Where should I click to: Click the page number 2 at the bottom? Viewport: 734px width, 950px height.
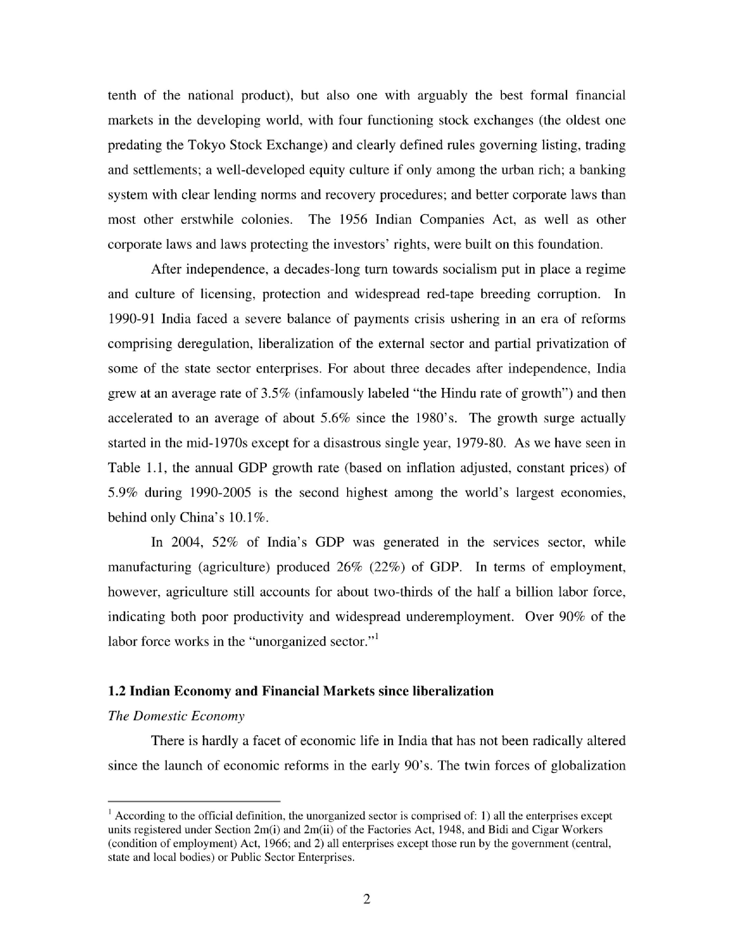tap(366, 899)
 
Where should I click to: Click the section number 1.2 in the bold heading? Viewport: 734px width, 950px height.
tap(116, 691)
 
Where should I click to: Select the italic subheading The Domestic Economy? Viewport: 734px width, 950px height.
tap(176, 716)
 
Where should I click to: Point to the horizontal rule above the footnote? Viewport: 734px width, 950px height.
tap(194, 801)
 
